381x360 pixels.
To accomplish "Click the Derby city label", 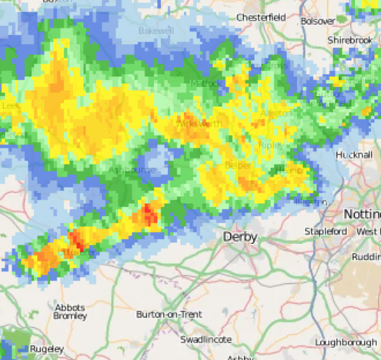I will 239,238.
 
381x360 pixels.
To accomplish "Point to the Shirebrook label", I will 349,39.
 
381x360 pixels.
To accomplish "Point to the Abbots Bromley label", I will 69,311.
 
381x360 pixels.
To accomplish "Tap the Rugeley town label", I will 46,349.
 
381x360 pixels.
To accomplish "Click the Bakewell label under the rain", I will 156,31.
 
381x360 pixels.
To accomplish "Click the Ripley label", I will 271,144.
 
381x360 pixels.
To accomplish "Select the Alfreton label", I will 277,113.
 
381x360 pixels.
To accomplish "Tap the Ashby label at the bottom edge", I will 239,358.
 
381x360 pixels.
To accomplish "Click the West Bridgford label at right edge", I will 368,231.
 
